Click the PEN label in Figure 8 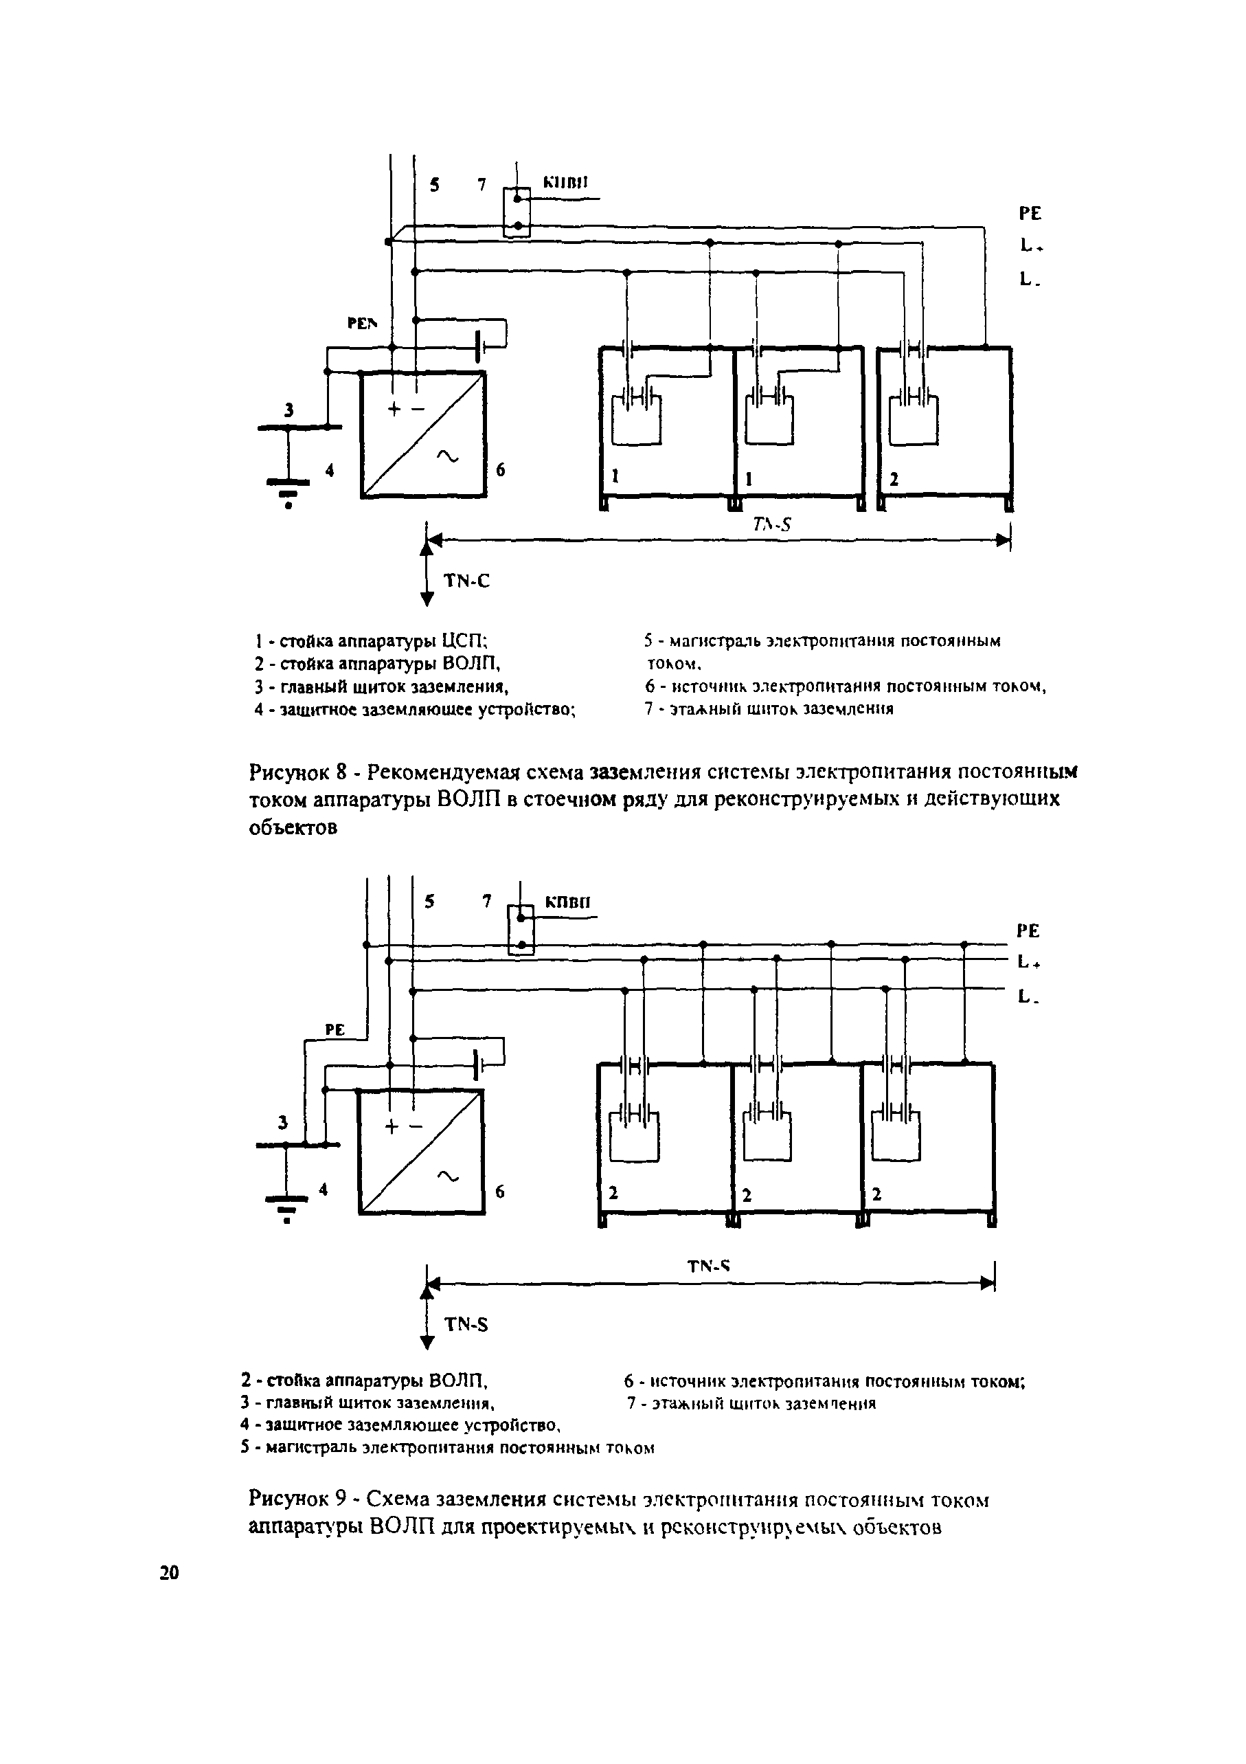363,324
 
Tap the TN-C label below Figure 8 466,581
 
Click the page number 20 169,1573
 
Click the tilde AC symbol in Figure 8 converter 446,457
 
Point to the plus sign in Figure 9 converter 392,1127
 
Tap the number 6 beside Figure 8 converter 500,469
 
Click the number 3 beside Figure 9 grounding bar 284,1124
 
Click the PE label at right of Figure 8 1030,214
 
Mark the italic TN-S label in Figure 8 771,525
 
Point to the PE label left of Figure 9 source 335,1030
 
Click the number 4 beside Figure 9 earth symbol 324,1190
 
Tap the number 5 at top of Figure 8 435,184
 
